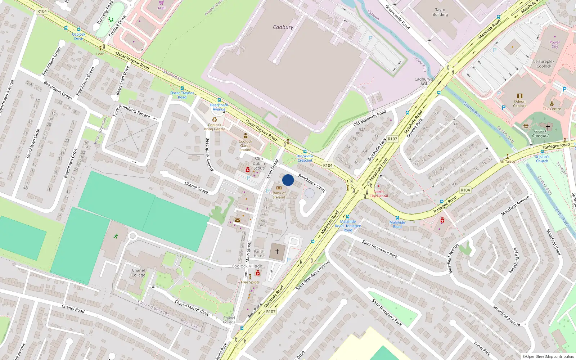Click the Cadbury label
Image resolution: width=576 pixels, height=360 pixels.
(x=283, y=27)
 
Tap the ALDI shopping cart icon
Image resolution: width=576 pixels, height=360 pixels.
(x=162, y=3)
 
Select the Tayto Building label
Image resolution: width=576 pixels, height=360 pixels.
(x=440, y=12)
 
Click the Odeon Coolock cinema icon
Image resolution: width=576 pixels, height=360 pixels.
(x=519, y=96)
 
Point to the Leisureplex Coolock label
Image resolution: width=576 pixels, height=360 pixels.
(x=544, y=64)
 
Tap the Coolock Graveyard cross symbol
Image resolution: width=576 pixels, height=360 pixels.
(x=548, y=127)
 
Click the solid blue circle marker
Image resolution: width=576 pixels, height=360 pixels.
(x=288, y=180)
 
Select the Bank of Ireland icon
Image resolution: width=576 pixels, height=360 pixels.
(x=279, y=188)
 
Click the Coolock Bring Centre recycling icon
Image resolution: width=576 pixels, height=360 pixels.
(x=215, y=120)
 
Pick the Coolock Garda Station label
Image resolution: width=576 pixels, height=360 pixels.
(x=246, y=145)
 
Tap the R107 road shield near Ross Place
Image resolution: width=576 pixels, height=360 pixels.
(x=271, y=312)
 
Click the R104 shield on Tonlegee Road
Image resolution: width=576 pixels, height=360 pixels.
(x=465, y=190)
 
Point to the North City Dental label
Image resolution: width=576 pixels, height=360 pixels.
(x=379, y=194)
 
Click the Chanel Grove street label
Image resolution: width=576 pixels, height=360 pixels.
(x=196, y=187)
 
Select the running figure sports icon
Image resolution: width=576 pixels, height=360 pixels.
(x=116, y=236)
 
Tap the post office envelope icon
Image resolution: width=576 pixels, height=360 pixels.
(x=238, y=220)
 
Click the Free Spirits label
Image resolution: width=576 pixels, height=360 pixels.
(x=250, y=282)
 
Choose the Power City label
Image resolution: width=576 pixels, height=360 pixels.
(x=555, y=44)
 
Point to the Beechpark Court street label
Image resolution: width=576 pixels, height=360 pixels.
(x=312, y=183)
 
